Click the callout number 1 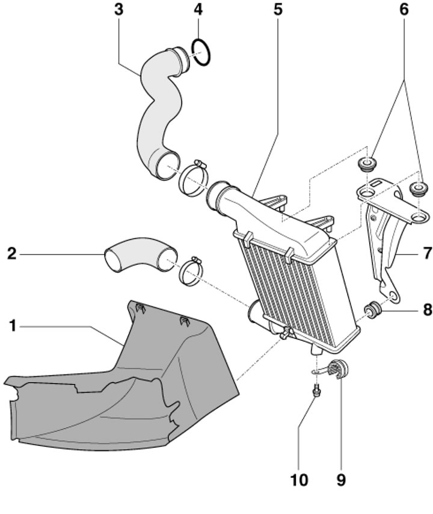[x=13, y=326]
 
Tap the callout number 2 [x=11, y=254]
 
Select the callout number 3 [x=119, y=9]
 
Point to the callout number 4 [x=198, y=9]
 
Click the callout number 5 [x=278, y=9]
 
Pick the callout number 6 [x=404, y=9]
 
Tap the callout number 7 [x=428, y=253]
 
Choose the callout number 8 [x=428, y=309]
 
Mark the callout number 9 [x=341, y=480]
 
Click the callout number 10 [x=299, y=480]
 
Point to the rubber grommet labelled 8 [x=373, y=310]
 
